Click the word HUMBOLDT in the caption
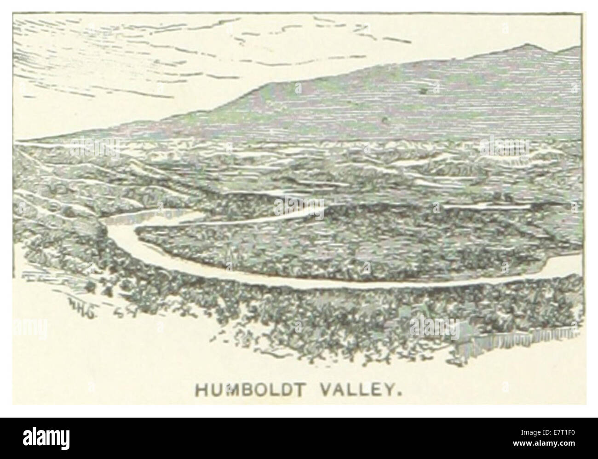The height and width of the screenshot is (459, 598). click(249, 390)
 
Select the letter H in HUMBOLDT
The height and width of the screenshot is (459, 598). click(201, 390)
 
